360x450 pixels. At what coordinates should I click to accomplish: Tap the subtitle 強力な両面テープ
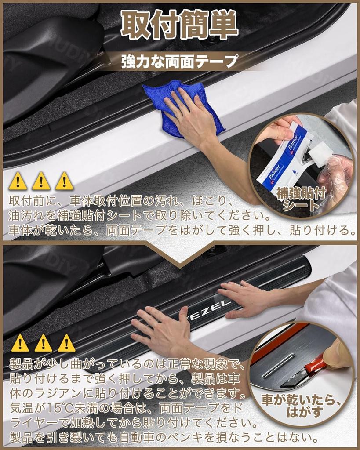point(179,62)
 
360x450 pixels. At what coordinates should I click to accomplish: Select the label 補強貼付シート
point(301,199)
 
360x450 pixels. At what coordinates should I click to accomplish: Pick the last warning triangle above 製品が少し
point(66,343)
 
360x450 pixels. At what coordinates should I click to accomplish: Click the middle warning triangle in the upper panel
point(41,181)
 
